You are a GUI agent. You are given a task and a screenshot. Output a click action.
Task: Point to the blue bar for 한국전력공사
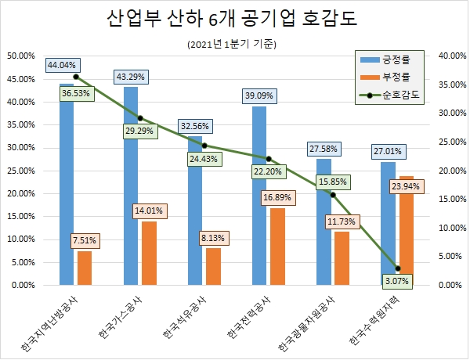point(259,196)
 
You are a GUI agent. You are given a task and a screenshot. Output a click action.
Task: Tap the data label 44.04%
point(62,66)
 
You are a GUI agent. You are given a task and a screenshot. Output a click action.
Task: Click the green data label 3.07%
point(398,279)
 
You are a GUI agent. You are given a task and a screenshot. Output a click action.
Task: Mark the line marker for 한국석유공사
point(204,146)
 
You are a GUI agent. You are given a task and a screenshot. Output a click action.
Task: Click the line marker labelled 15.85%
point(333,195)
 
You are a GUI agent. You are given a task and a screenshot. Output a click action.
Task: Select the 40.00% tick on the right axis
point(450,56)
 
